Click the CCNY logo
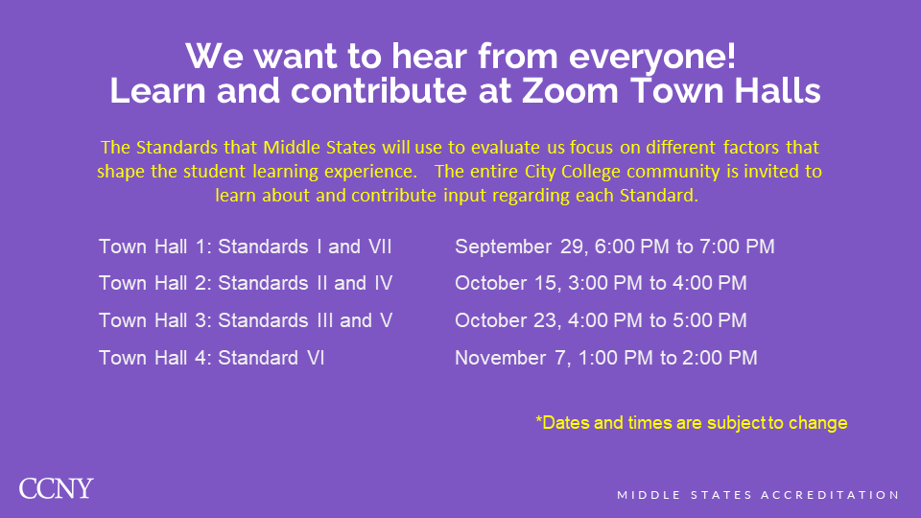(56, 488)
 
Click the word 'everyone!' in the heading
(652, 57)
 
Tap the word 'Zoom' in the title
(570, 91)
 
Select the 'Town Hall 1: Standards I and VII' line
(245, 247)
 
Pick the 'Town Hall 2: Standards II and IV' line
(246, 283)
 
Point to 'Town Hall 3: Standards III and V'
(246, 320)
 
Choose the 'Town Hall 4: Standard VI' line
(211, 358)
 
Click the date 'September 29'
(519, 247)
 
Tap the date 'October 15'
(506, 283)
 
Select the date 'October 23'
(506, 320)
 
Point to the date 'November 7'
(511, 358)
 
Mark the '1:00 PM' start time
(616, 358)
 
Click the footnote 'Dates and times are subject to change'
(692, 423)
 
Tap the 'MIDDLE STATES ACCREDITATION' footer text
(758, 495)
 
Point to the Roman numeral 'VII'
(380, 247)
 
